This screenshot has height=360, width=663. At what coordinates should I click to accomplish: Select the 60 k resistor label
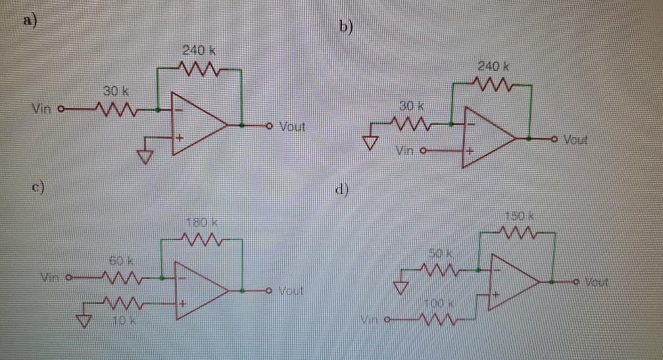[118, 262]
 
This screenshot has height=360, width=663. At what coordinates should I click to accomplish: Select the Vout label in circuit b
[576, 140]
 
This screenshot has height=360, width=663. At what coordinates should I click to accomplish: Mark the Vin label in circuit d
[371, 321]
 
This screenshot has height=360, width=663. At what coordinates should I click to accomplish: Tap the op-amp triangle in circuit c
[197, 290]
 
